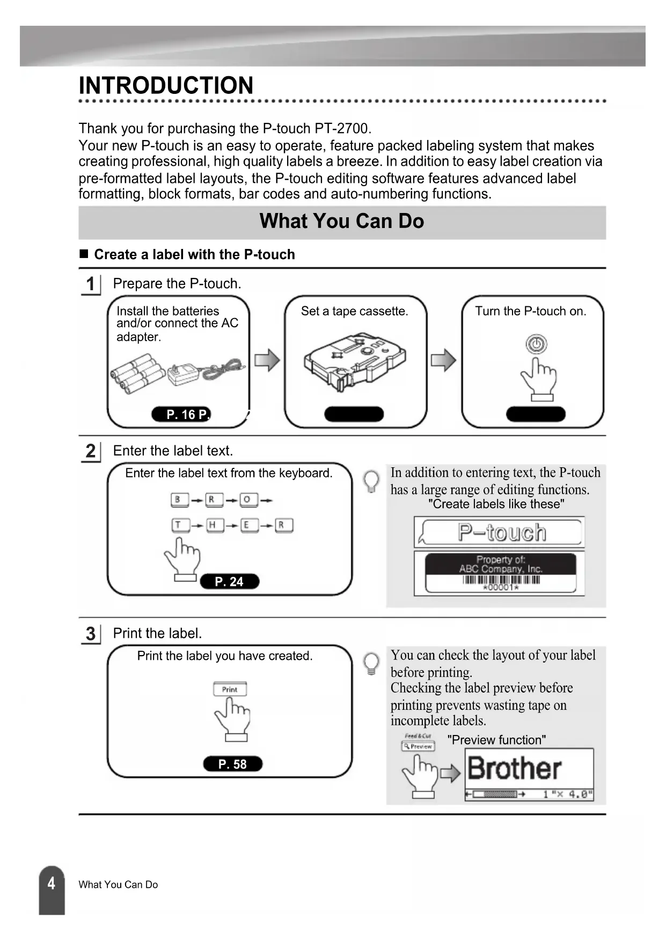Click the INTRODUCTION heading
click(166, 86)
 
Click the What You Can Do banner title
click(342, 221)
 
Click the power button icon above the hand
click(536, 343)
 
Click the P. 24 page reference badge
click(229, 582)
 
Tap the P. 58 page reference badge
click(232, 764)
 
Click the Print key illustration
click(230, 689)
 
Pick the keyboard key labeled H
click(213, 525)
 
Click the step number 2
click(91, 451)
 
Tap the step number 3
click(91, 634)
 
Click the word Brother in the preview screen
click(514, 768)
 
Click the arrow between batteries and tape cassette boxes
click(267, 360)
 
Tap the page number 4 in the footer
click(52, 884)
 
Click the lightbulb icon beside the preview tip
click(371, 663)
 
